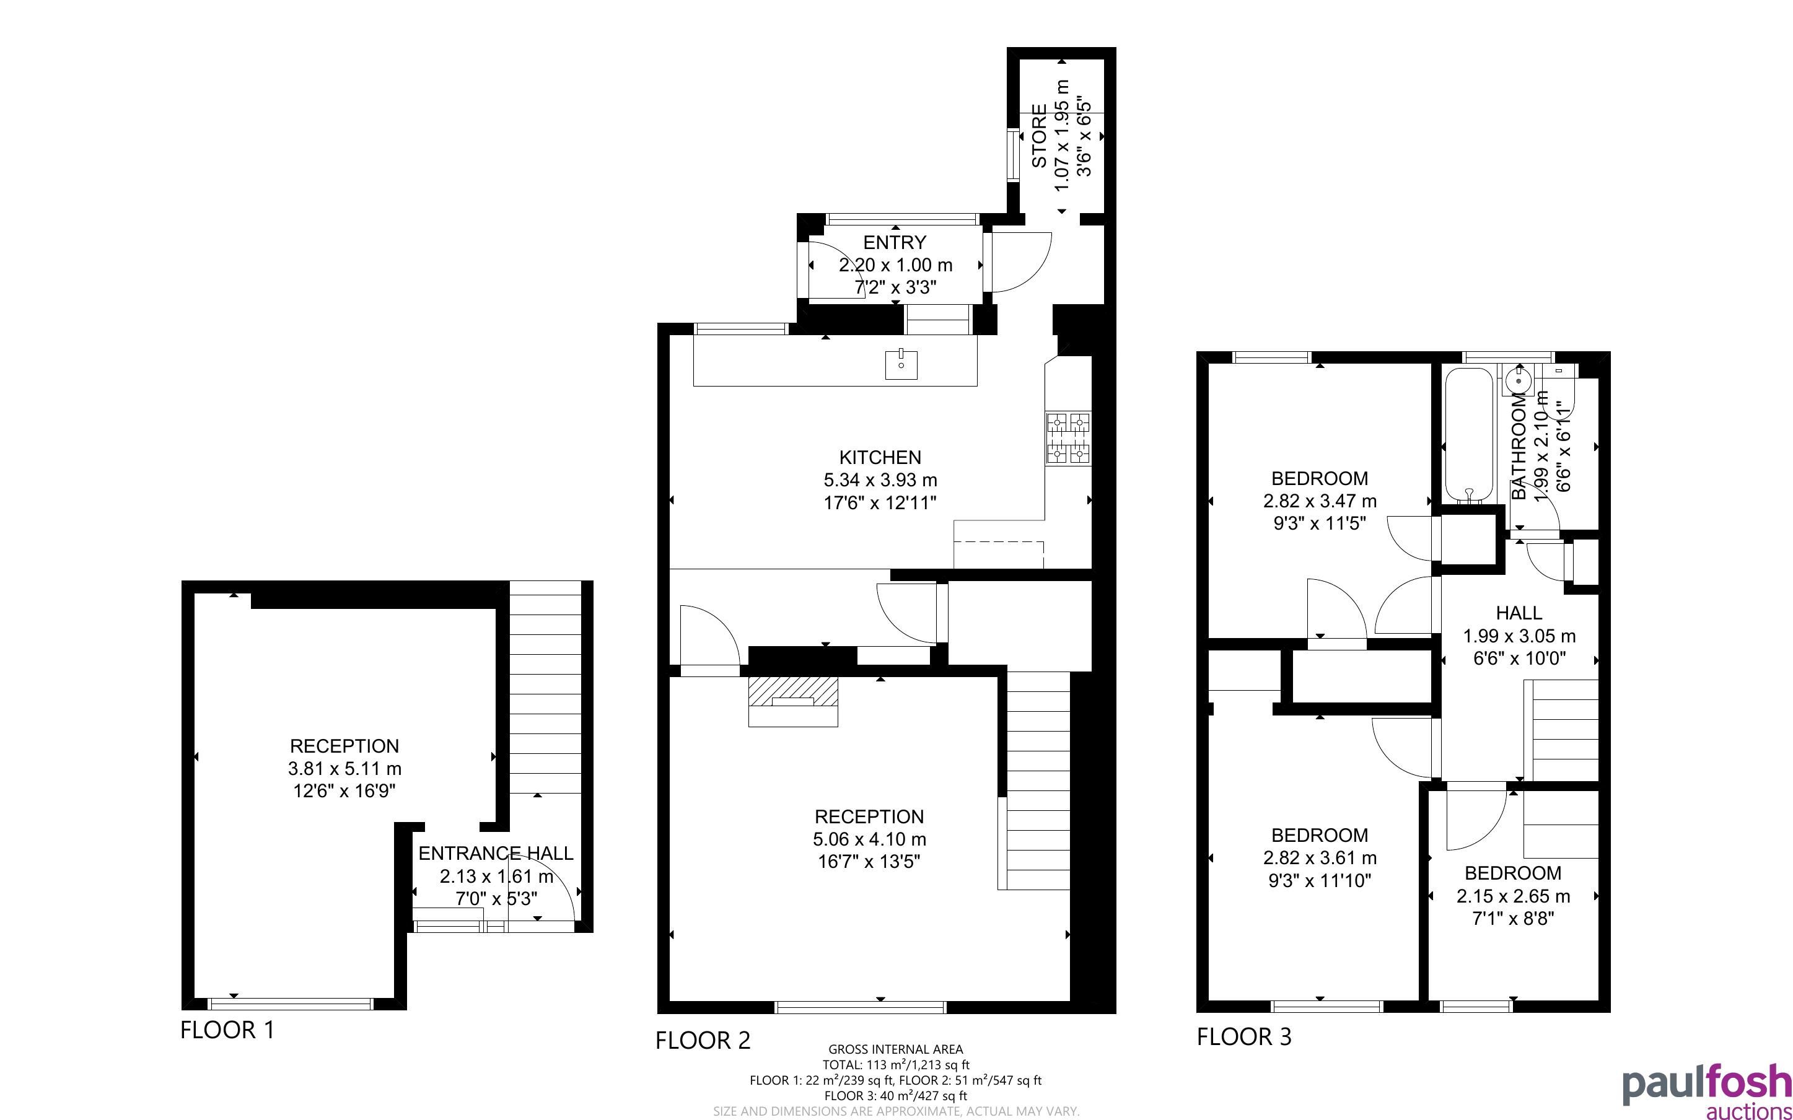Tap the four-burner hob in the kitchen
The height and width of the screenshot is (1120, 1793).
pyautogui.click(x=1069, y=439)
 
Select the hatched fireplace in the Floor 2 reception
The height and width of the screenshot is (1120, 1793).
pyautogui.click(x=793, y=701)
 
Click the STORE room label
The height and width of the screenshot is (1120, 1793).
pyautogui.click(x=1039, y=136)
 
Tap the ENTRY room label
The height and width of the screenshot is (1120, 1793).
pyautogui.click(x=895, y=242)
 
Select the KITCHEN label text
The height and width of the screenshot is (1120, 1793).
pyautogui.click(x=880, y=457)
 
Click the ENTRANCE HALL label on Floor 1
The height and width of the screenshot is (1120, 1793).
pyautogui.click(x=496, y=854)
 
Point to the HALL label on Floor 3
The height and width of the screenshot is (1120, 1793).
pyautogui.click(x=1519, y=613)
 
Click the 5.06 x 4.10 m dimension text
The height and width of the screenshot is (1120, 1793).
pyautogui.click(x=869, y=839)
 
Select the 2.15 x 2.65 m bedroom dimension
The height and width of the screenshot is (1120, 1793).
pyautogui.click(x=1513, y=896)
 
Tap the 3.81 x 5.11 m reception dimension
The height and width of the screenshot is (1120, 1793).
pyautogui.click(x=344, y=768)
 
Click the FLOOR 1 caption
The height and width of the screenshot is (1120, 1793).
pyautogui.click(x=227, y=1030)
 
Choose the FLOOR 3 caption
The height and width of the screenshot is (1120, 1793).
pyautogui.click(x=1244, y=1036)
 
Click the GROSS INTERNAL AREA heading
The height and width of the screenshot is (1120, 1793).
pyautogui.click(x=895, y=1049)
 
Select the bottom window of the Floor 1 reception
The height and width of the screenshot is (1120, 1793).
pyautogui.click(x=291, y=1004)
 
